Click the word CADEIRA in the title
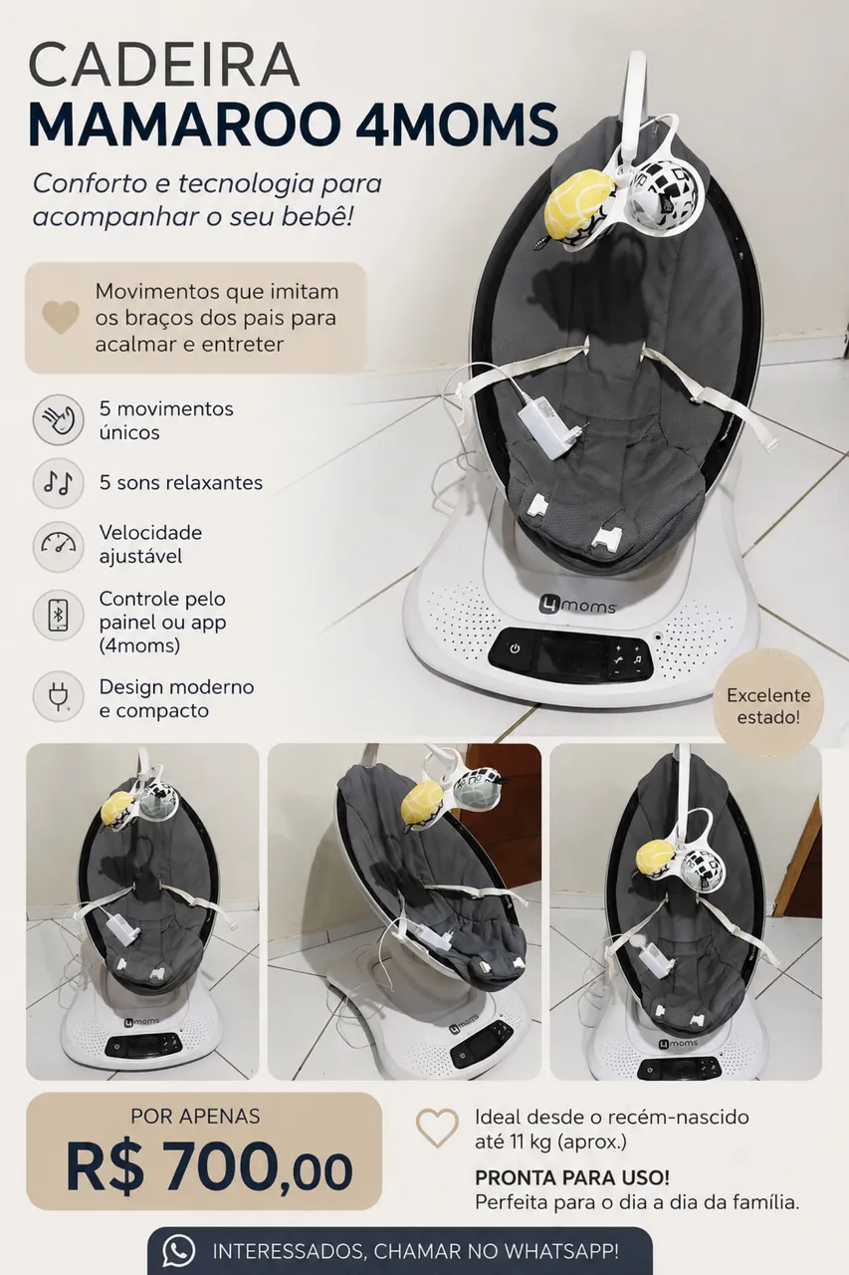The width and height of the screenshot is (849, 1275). click(x=164, y=66)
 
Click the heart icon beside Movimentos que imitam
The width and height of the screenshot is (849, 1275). click(x=61, y=318)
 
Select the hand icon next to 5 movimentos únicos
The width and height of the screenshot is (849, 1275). click(x=58, y=420)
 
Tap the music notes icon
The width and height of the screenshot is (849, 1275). click(x=58, y=483)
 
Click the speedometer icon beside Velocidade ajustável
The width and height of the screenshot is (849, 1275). click(x=58, y=545)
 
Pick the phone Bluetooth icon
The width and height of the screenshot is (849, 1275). click(x=58, y=616)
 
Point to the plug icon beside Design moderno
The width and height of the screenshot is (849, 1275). click(x=58, y=697)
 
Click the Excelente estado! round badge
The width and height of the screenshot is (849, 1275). click(x=768, y=706)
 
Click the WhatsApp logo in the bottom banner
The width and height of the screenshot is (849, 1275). click(x=178, y=1251)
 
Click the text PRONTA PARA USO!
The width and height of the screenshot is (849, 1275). click(x=572, y=1176)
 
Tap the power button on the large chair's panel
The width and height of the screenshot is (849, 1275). click(x=515, y=648)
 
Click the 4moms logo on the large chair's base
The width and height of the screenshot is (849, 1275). click(x=576, y=605)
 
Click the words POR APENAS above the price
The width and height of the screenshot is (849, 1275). click(x=196, y=1117)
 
